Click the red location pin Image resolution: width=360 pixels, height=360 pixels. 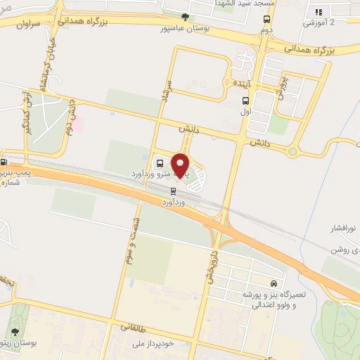tap(181, 165)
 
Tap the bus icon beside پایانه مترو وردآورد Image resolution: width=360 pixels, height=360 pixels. tap(158, 160)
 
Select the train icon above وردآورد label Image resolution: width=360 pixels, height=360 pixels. tap(173, 191)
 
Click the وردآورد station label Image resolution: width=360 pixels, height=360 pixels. tap(173, 202)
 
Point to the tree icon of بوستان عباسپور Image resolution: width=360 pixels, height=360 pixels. tap(185, 17)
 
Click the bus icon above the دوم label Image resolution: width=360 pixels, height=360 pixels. tap(266, 20)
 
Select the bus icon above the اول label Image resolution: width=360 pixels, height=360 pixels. tap(245, 101)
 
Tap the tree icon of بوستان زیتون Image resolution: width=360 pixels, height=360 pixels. tap(14, 330)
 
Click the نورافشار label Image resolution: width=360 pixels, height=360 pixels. tap(344, 229)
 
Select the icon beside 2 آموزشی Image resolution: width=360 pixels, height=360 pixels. tap(318, 11)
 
